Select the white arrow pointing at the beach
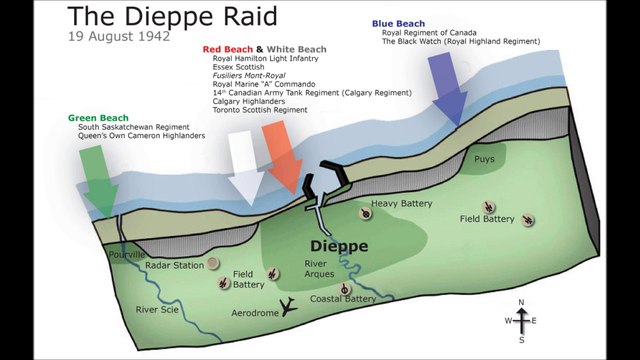(242, 165)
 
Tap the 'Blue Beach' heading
(398, 21)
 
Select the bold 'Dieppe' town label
(339, 246)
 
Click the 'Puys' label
(484, 159)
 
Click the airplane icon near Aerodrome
(290, 307)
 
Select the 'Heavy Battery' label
(402, 203)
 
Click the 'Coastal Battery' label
(343, 299)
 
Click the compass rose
(520, 320)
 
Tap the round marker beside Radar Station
(212, 264)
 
